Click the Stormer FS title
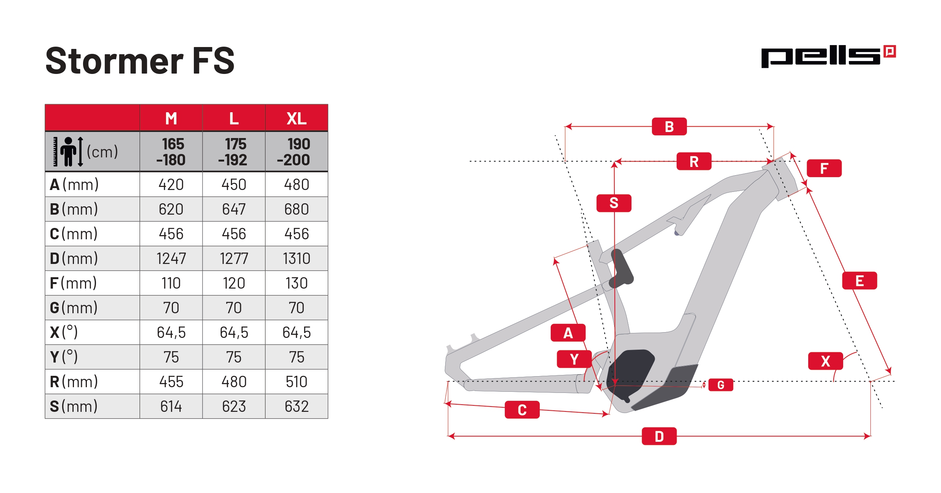140,61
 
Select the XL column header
297,119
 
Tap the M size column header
171,119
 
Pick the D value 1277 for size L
234,259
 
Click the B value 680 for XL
297,209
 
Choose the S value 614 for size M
171,407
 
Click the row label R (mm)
74,382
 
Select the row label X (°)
64,333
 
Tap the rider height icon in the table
68,152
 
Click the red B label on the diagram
669,127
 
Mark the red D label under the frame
659,436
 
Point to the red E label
859,281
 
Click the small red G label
721,385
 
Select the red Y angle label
574,359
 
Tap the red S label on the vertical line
614,203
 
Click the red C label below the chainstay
522,410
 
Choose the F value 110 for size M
171,283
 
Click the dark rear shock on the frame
621,269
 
